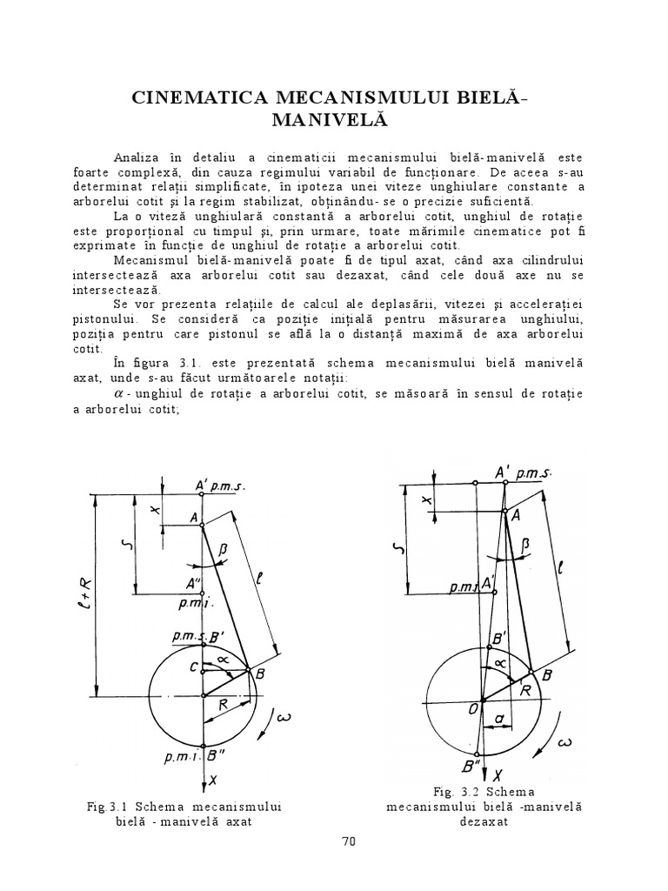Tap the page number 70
pos(350,841)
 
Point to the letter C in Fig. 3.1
pos(193,668)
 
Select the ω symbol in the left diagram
pos(283,718)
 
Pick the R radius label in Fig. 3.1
pos(224,707)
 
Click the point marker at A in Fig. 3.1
pos(202,523)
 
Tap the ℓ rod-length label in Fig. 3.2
pos(564,570)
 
